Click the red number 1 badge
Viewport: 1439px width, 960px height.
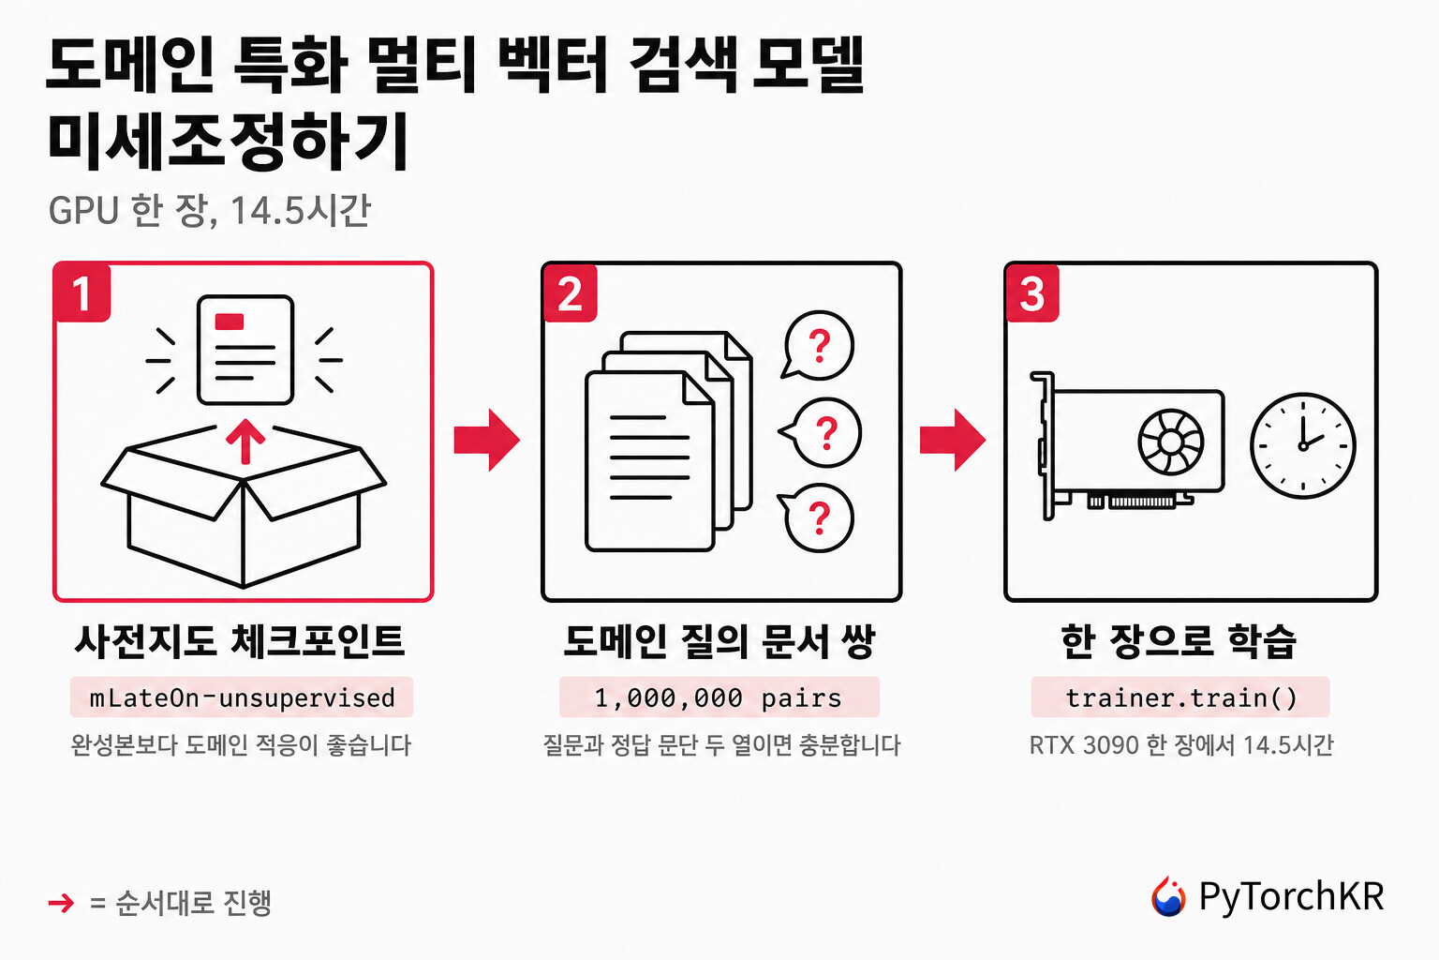tap(82, 292)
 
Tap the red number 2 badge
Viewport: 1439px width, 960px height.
tap(571, 292)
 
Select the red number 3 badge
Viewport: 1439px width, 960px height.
tap(1032, 292)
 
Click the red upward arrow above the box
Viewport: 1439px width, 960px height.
tap(245, 442)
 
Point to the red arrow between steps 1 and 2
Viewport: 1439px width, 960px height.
tap(487, 440)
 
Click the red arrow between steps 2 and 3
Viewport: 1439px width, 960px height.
tap(953, 440)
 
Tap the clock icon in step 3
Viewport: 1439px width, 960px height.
tap(1303, 445)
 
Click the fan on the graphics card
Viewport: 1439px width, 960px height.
tap(1170, 442)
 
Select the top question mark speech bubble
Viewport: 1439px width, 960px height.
tap(817, 346)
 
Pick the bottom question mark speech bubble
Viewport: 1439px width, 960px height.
tap(817, 517)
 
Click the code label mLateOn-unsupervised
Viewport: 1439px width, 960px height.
tap(242, 697)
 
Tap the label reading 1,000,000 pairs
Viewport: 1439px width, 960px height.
tap(719, 697)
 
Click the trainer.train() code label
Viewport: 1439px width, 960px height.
tap(1180, 697)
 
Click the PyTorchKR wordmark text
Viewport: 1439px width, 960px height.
tap(1291, 896)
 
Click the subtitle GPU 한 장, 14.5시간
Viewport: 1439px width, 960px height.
tap(210, 210)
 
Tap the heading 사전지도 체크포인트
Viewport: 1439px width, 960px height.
tap(240, 641)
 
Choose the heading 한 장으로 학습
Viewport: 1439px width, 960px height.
tap(1179, 641)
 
